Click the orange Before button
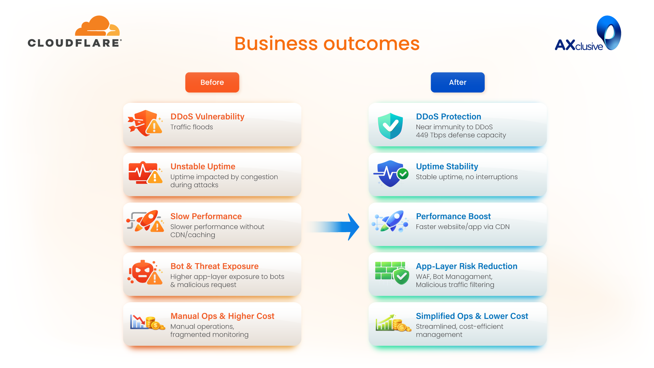pyautogui.click(x=212, y=82)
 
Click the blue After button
pyautogui.click(x=458, y=82)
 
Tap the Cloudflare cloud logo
pyautogui.click(x=97, y=27)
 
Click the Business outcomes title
pyautogui.click(x=327, y=44)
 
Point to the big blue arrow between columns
pyautogui.click(x=337, y=227)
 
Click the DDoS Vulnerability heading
pyautogui.click(x=207, y=117)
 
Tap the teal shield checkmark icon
pyautogui.click(x=390, y=126)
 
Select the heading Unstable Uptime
pyautogui.click(x=203, y=166)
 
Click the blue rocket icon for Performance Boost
pyautogui.click(x=392, y=221)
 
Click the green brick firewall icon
pyautogui.click(x=392, y=273)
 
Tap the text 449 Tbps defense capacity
pyautogui.click(x=461, y=135)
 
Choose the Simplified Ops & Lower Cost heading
pyautogui.click(x=472, y=316)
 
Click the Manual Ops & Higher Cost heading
pyautogui.click(x=222, y=316)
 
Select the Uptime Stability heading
pyautogui.click(x=447, y=166)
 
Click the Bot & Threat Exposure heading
pyautogui.click(x=214, y=266)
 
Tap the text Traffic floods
pyautogui.click(x=192, y=127)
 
